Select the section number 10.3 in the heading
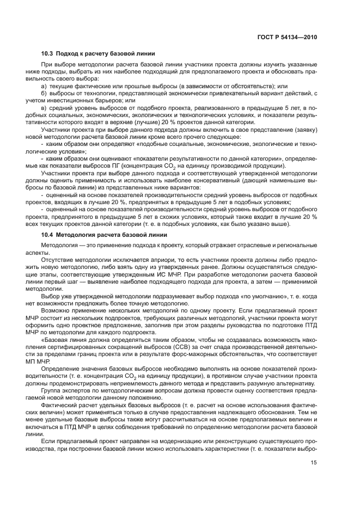click(x=48, y=53)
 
